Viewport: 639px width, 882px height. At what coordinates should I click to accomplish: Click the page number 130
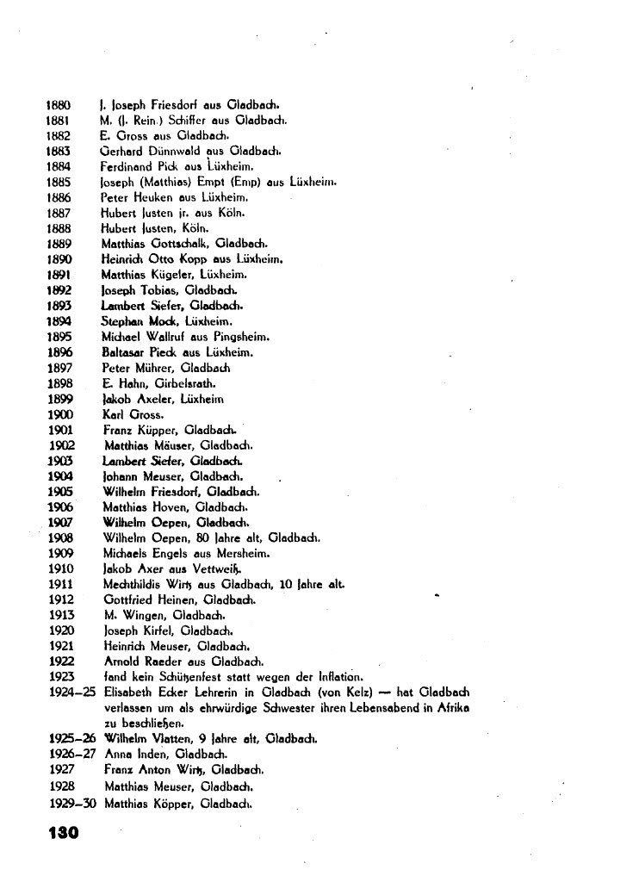[x=62, y=833]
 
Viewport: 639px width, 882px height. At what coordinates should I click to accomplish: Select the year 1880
[x=57, y=104]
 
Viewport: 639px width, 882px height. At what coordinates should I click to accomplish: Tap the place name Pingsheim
[x=255, y=337]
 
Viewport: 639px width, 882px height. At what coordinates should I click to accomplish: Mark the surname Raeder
[x=166, y=661]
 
